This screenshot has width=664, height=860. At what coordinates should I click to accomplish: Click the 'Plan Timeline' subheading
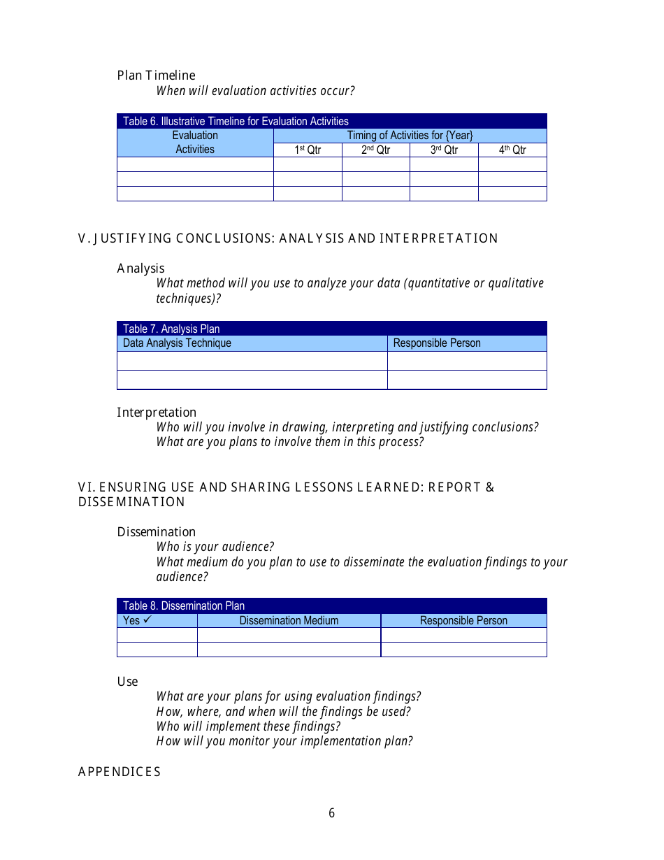[x=156, y=76]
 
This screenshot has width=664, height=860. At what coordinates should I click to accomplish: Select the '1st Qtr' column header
[x=308, y=150]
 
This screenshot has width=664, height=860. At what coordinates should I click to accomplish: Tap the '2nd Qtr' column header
[x=375, y=150]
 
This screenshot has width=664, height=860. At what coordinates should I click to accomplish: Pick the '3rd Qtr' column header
[x=444, y=150]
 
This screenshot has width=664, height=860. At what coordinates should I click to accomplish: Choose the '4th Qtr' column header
[x=512, y=150]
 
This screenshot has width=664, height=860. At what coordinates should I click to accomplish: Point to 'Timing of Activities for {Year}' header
[x=410, y=136]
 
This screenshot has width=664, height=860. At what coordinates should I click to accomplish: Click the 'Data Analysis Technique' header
[x=177, y=343]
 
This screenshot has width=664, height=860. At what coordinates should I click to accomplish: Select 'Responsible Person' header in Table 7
[x=437, y=343]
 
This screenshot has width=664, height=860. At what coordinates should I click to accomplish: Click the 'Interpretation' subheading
[x=157, y=413]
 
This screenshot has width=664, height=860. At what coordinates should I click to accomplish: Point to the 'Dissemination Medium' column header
[x=289, y=621]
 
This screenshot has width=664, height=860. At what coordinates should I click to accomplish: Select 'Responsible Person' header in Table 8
[x=463, y=621]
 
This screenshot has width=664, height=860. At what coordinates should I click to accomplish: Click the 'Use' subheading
[x=127, y=682]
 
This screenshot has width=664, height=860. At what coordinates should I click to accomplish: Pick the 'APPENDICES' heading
[x=119, y=772]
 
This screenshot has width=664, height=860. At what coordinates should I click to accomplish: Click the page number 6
[x=331, y=813]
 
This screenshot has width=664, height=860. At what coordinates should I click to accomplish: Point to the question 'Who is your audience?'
[x=215, y=547]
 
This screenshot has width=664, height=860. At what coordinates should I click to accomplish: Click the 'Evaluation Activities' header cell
[x=195, y=143]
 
